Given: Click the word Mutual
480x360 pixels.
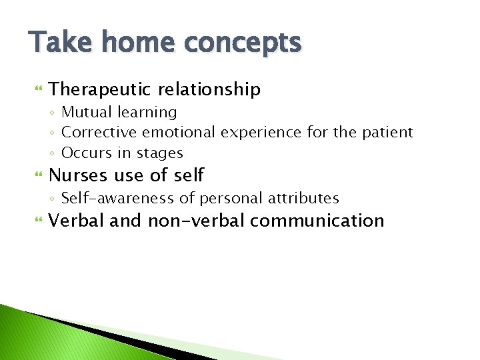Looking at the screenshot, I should click(x=86, y=112).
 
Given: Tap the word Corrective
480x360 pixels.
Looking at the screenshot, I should click(x=96, y=133).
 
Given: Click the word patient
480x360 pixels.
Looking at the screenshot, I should click(x=387, y=133).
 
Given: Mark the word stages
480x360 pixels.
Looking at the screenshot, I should click(x=160, y=154).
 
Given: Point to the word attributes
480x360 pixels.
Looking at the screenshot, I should click(x=305, y=198).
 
